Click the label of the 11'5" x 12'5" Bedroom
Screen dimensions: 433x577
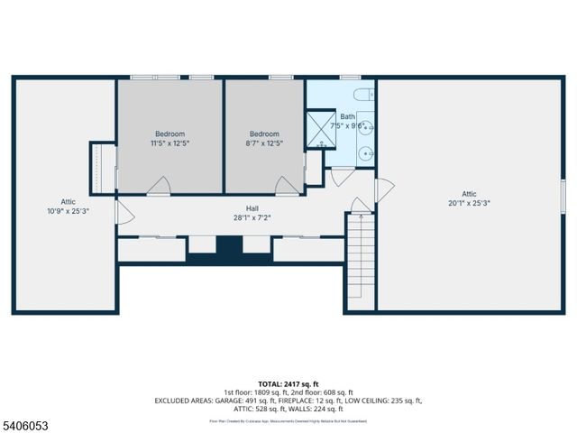[169, 138]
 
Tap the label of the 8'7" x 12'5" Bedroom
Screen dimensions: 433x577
[264, 138]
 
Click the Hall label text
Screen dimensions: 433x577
[239, 213]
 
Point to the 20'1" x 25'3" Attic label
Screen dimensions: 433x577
[469, 198]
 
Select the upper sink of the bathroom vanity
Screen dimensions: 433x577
[366, 129]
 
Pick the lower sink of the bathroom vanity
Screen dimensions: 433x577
[366, 153]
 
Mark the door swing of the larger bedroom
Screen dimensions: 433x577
[159, 186]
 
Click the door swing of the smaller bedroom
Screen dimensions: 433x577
[288, 186]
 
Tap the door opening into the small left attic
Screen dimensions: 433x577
[124, 216]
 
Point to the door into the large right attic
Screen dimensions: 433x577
[384, 190]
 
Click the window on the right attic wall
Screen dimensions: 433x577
[563, 196]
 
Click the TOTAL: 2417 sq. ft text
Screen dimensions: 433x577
[288, 384]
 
